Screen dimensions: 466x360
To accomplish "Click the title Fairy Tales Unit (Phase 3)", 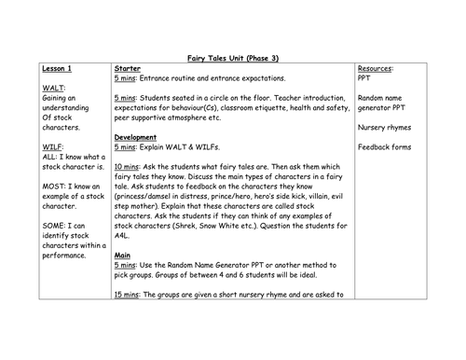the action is click(232, 59).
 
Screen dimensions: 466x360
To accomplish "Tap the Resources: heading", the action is click(377, 69).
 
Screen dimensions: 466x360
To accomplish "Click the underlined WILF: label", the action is click(55, 148).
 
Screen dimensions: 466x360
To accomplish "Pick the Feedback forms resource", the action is click(388, 148).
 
